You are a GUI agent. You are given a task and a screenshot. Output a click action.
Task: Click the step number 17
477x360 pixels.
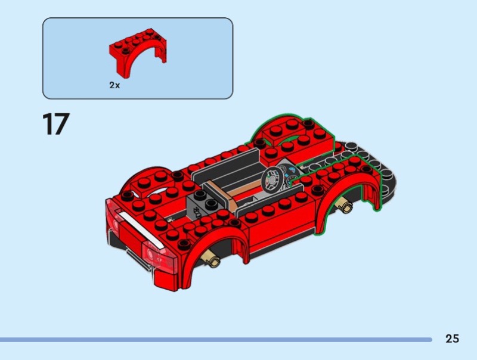[x=56, y=124]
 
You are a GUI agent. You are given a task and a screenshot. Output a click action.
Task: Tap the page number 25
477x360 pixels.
[x=452, y=339]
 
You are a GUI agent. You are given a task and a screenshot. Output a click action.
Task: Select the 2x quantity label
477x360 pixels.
[x=114, y=85]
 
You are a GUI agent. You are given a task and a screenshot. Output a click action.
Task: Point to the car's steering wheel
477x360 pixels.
[x=273, y=180]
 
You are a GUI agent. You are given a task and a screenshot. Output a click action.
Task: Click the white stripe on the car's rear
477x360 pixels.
[x=140, y=230]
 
